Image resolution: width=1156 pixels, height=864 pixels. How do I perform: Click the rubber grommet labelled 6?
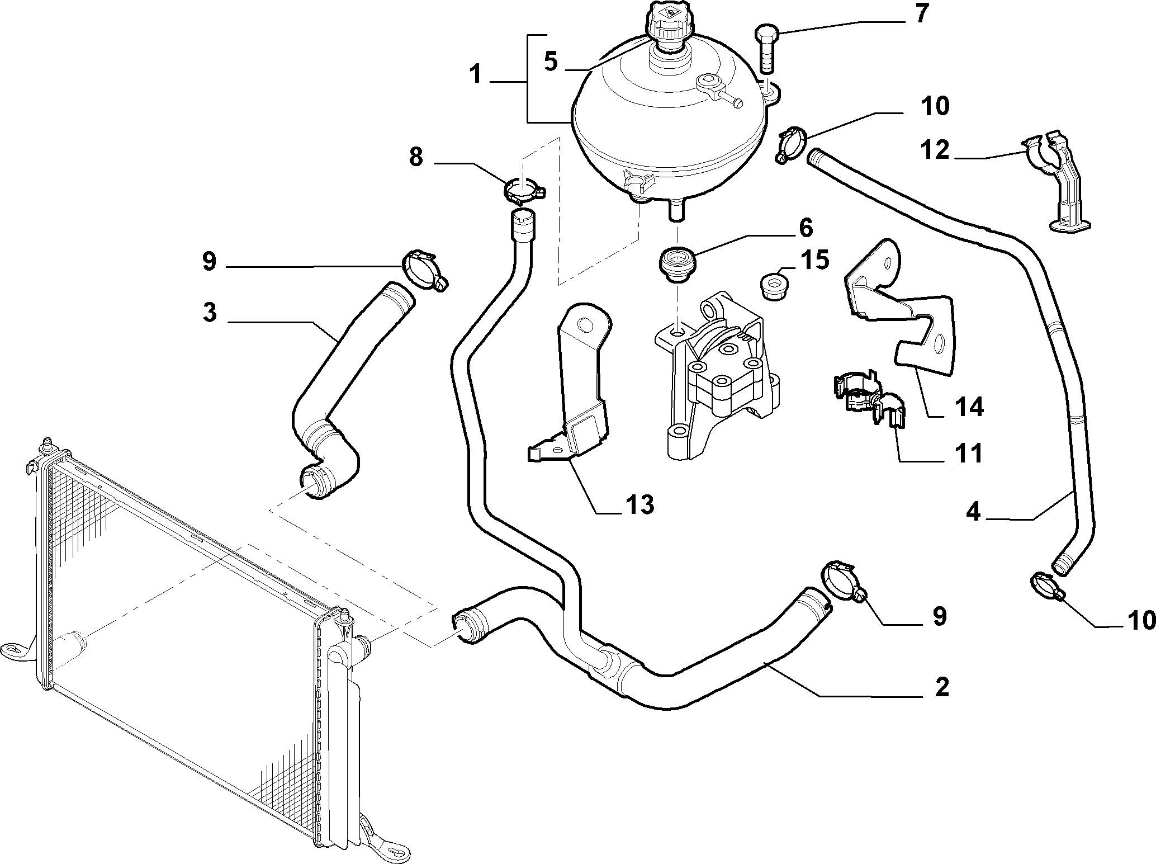676,266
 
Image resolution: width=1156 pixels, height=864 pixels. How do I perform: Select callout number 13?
639,505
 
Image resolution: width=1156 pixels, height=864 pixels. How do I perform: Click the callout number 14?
969,407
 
